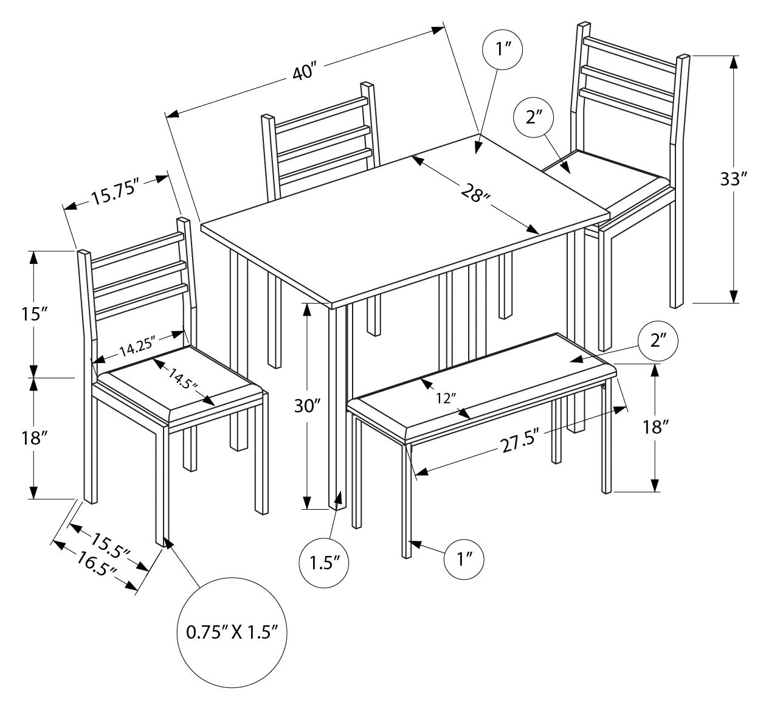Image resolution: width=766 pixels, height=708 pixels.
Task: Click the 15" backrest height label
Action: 33,314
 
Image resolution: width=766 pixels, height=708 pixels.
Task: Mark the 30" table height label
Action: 308,406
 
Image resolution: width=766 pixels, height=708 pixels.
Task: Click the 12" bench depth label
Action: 446,398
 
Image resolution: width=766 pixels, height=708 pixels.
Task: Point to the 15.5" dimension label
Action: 111,543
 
